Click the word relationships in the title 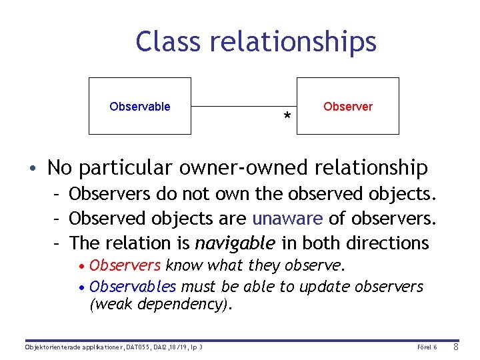[x=293, y=41]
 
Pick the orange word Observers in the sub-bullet [x=125, y=265]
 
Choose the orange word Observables [x=133, y=287]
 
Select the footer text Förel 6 [x=427, y=347]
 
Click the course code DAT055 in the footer [x=139, y=347]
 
